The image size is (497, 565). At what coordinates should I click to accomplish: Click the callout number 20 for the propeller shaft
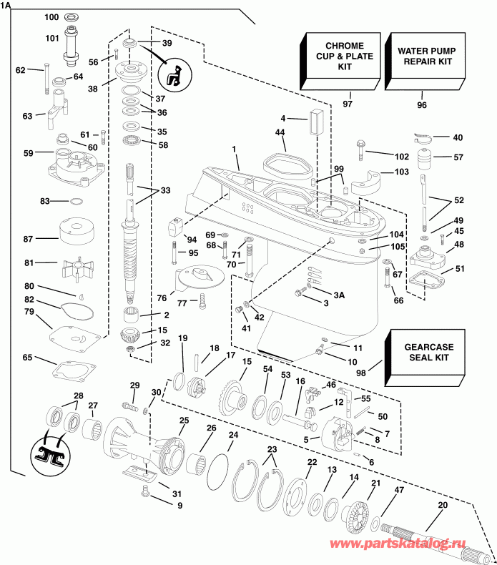point(443,506)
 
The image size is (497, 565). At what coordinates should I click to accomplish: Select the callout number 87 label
point(48,239)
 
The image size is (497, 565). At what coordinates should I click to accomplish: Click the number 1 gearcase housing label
point(233,149)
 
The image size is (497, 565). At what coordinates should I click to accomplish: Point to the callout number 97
point(348,104)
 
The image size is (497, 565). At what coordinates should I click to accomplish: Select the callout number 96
point(421,104)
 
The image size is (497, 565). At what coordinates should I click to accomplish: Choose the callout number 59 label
point(29,153)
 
